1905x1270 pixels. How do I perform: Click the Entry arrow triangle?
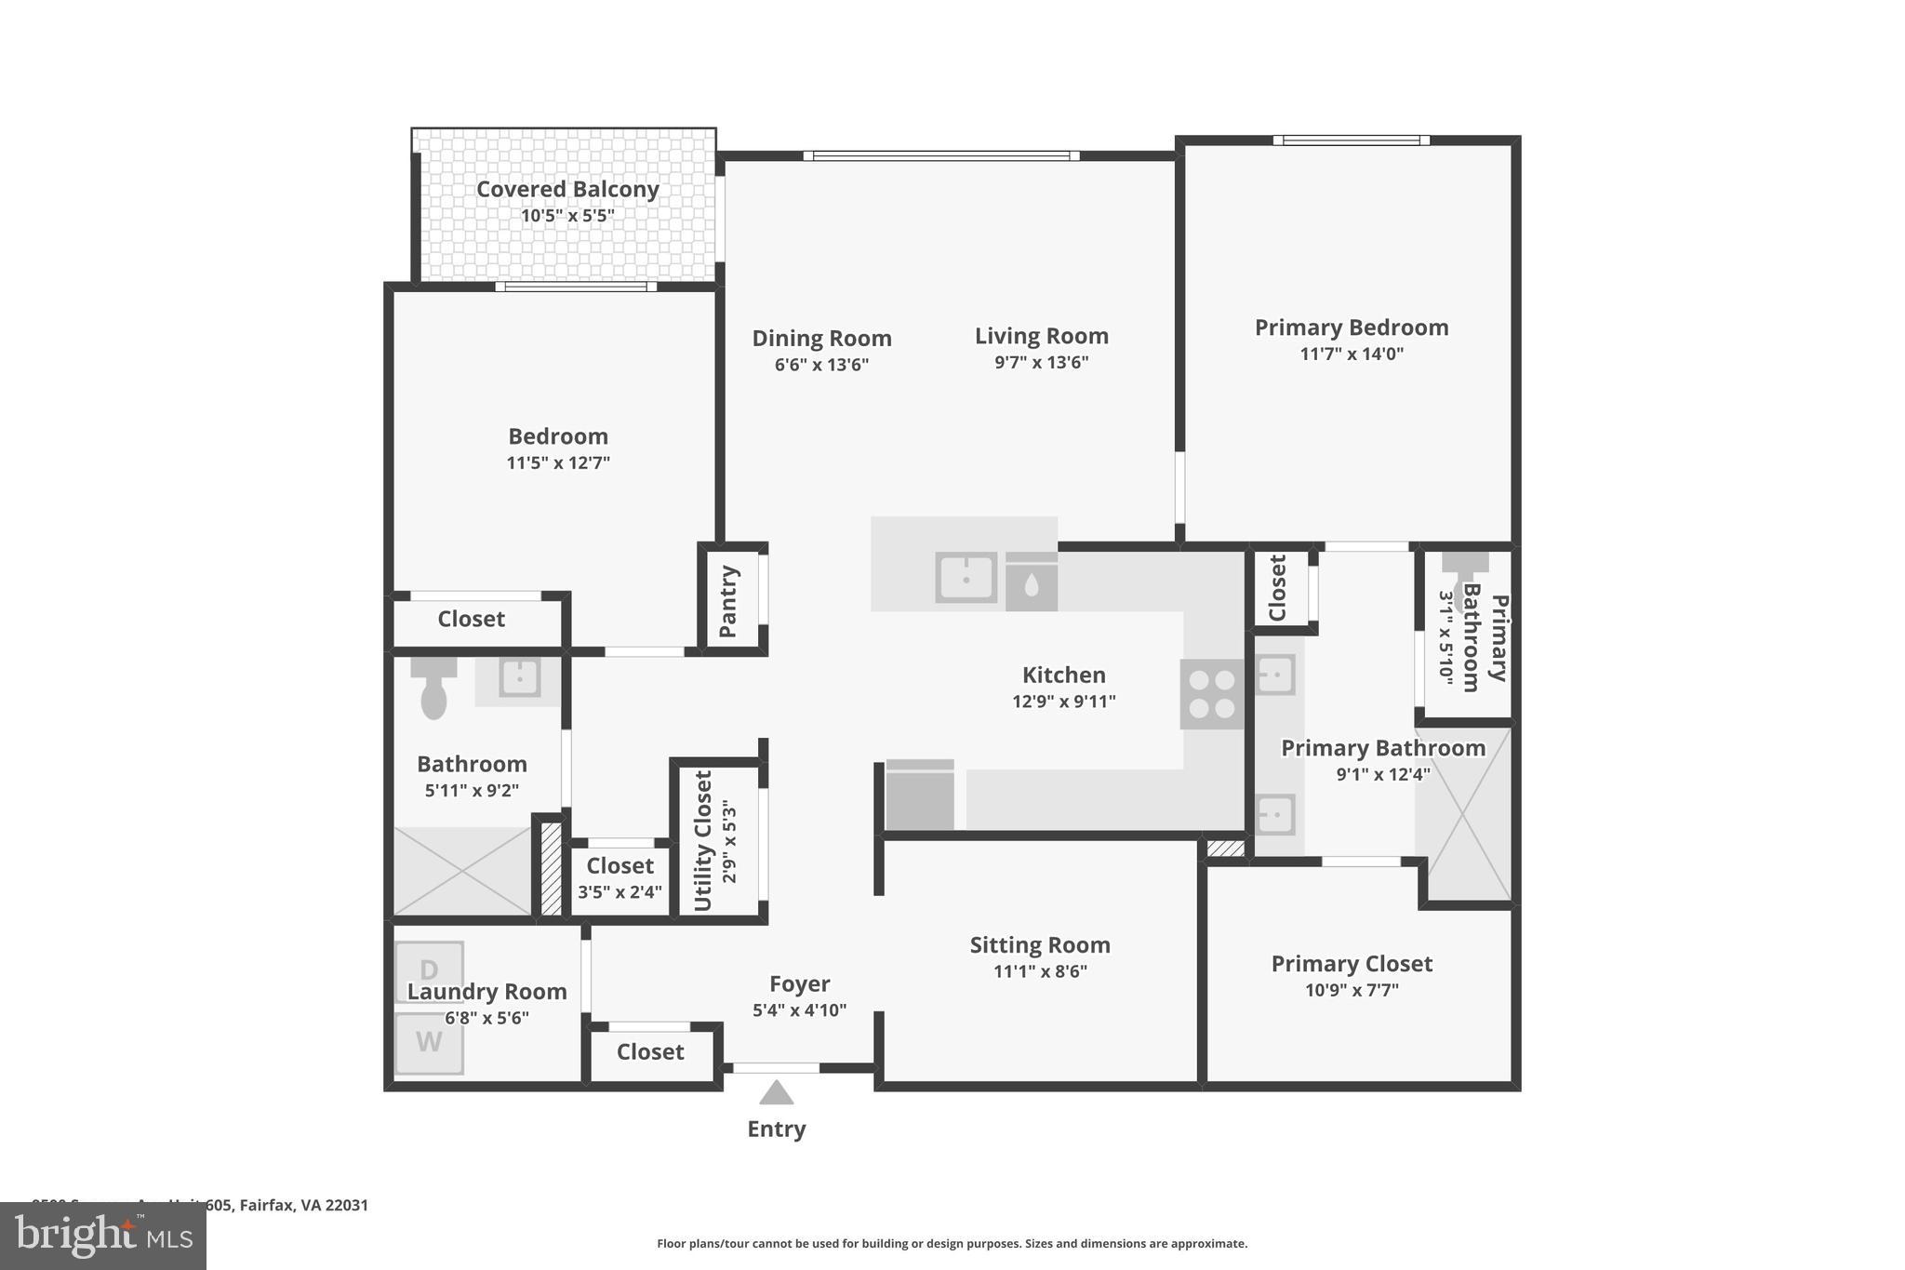pos(776,1092)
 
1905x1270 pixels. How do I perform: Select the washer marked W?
pos(429,1043)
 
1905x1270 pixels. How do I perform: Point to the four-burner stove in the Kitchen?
pos(1212,694)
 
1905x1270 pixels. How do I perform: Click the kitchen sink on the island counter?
pos(966,578)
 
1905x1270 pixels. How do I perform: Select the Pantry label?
pos(728,601)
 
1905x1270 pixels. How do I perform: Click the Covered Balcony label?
pos(567,189)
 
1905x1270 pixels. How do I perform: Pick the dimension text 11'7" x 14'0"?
pos(1352,354)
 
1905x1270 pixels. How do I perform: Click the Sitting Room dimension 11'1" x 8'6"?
pos(1040,971)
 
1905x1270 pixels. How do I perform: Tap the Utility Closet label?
pos(703,841)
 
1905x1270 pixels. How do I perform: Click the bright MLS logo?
pos(103,1236)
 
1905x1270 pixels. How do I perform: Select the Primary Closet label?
pos(1352,964)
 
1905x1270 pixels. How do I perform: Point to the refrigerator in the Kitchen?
pos(920,795)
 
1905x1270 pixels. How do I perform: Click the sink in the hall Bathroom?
pos(519,677)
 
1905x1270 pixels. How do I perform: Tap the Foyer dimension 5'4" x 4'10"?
pos(799,1010)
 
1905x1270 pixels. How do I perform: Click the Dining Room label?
pos(821,339)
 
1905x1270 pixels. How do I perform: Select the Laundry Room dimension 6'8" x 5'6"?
pos(486,1018)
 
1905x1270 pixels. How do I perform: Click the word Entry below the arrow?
pos(777,1129)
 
